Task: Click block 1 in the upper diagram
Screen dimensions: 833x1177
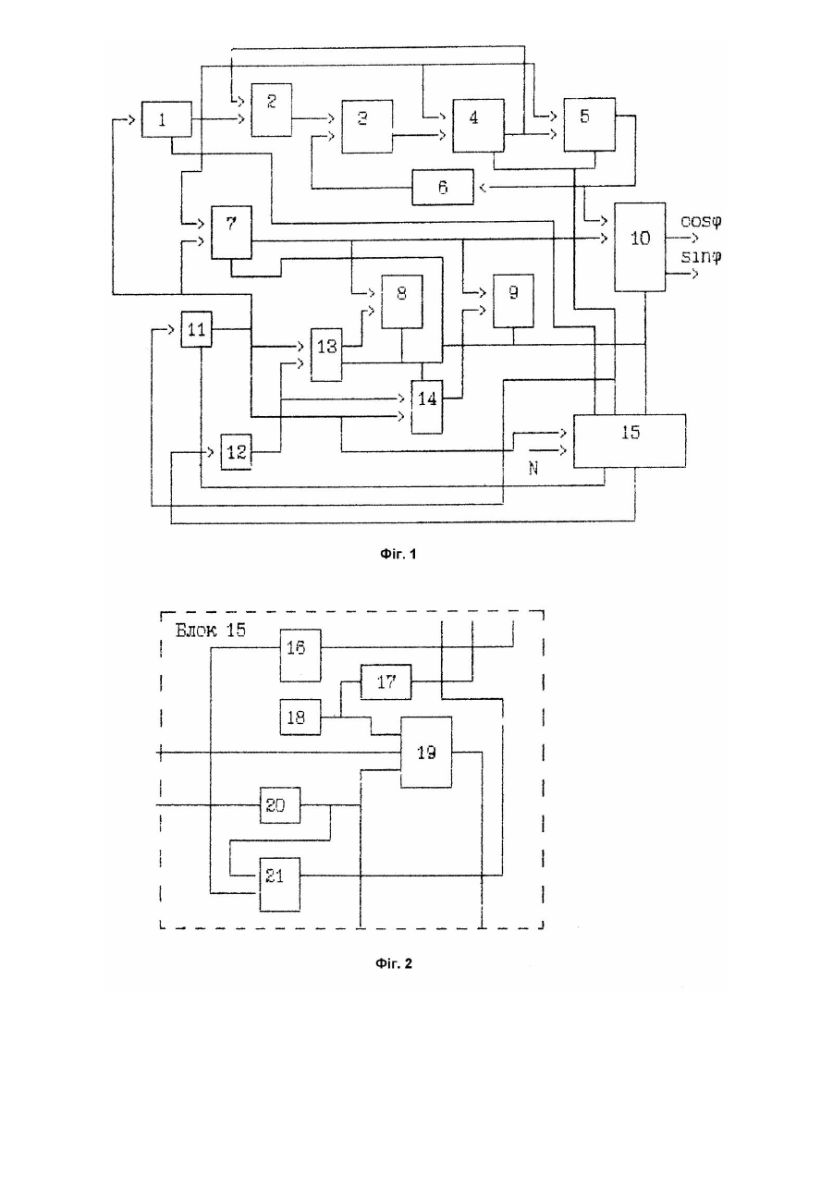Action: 166,119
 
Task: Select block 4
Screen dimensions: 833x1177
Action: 478,126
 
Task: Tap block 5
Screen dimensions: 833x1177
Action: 589,125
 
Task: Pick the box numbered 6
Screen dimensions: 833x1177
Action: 443,187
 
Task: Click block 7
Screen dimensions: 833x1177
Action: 231,232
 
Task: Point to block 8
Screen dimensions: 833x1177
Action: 402,302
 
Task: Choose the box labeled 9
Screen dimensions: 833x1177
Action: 513,301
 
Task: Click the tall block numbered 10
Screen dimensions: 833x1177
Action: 640,247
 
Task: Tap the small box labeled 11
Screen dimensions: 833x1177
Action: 197,329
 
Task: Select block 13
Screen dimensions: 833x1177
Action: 326,355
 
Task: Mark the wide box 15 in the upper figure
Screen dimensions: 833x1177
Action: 629,441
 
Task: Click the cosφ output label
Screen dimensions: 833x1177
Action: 701,221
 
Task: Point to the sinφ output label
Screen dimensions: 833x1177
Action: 701,256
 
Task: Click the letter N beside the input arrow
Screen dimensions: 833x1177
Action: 533,468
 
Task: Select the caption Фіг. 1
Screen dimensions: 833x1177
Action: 398,554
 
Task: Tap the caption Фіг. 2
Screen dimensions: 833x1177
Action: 394,963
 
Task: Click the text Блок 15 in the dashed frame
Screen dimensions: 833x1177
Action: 210,630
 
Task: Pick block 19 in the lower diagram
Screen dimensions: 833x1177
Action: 426,752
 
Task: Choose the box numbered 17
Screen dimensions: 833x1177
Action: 386,682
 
